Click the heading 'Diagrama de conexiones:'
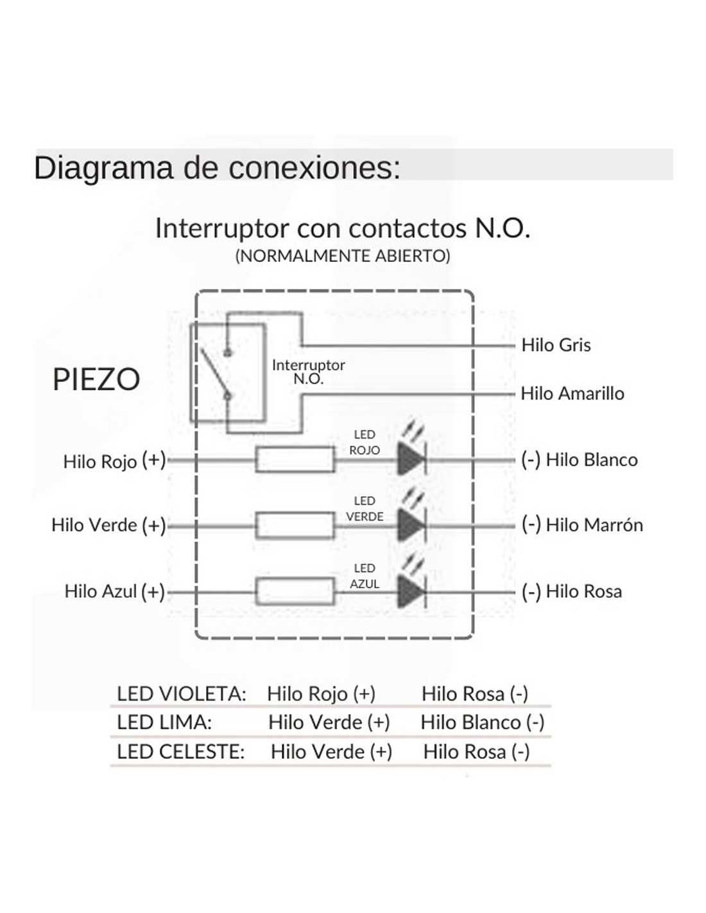click(x=217, y=168)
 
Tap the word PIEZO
click(x=96, y=379)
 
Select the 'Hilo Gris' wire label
click(x=556, y=345)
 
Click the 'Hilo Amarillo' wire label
click(x=572, y=393)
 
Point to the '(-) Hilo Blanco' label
click(x=579, y=460)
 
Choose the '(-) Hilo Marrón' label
click(x=581, y=525)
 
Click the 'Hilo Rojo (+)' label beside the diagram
click(x=114, y=461)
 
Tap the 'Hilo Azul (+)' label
click(x=114, y=591)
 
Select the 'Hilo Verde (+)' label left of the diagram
click(x=108, y=525)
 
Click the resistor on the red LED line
click(x=295, y=460)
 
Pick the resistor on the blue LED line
click(x=295, y=591)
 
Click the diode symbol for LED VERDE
click(x=411, y=525)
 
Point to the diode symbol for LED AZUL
click(x=411, y=591)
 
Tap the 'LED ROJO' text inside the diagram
click(x=365, y=442)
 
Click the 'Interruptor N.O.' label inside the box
click(x=308, y=372)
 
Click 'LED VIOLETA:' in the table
click(x=182, y=694)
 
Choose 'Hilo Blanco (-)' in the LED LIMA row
click(x=482, y=722)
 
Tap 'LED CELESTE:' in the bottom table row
click(x=181, y=752)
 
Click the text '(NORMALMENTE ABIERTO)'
click(x=343, y=256)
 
